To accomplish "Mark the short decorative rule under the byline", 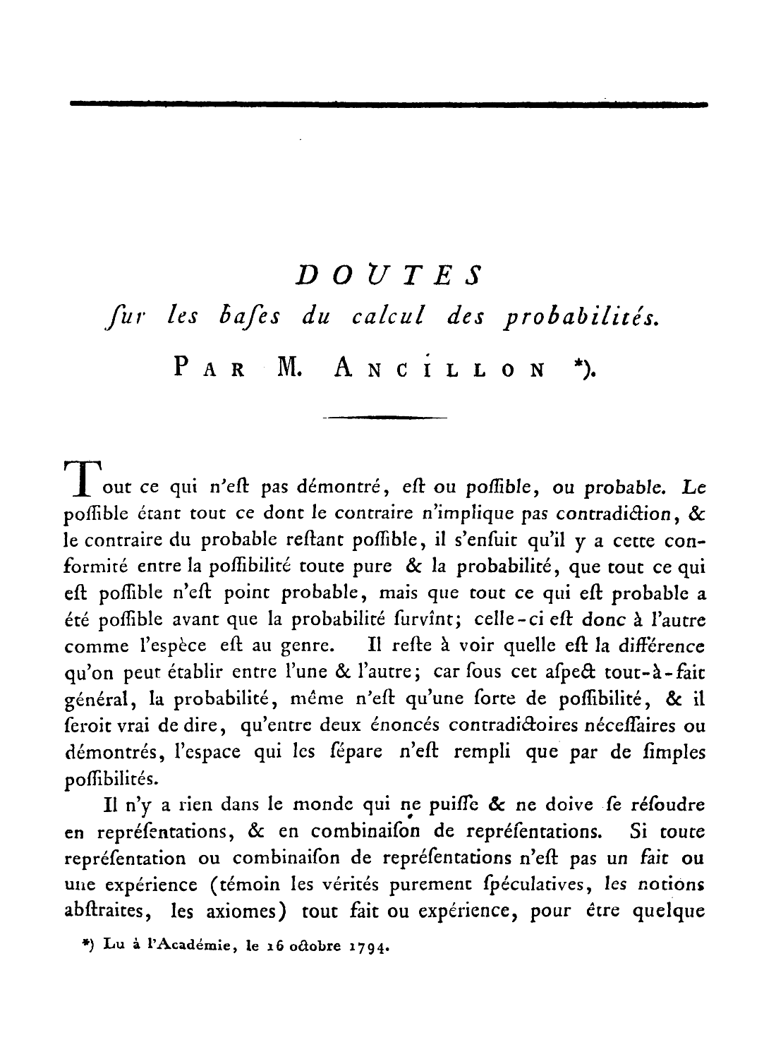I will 384,419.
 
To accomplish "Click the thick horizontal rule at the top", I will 388,104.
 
